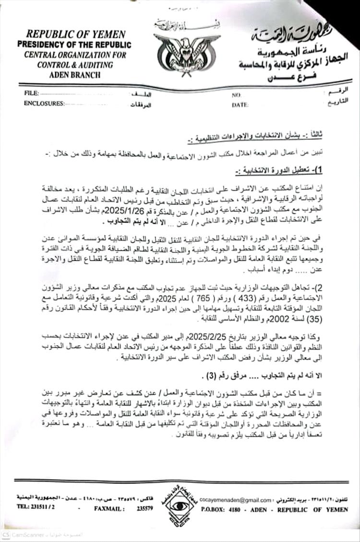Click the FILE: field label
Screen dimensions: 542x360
31,93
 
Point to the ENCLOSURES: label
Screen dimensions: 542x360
44,103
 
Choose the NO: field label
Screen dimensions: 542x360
236,96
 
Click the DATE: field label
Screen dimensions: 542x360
240,105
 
